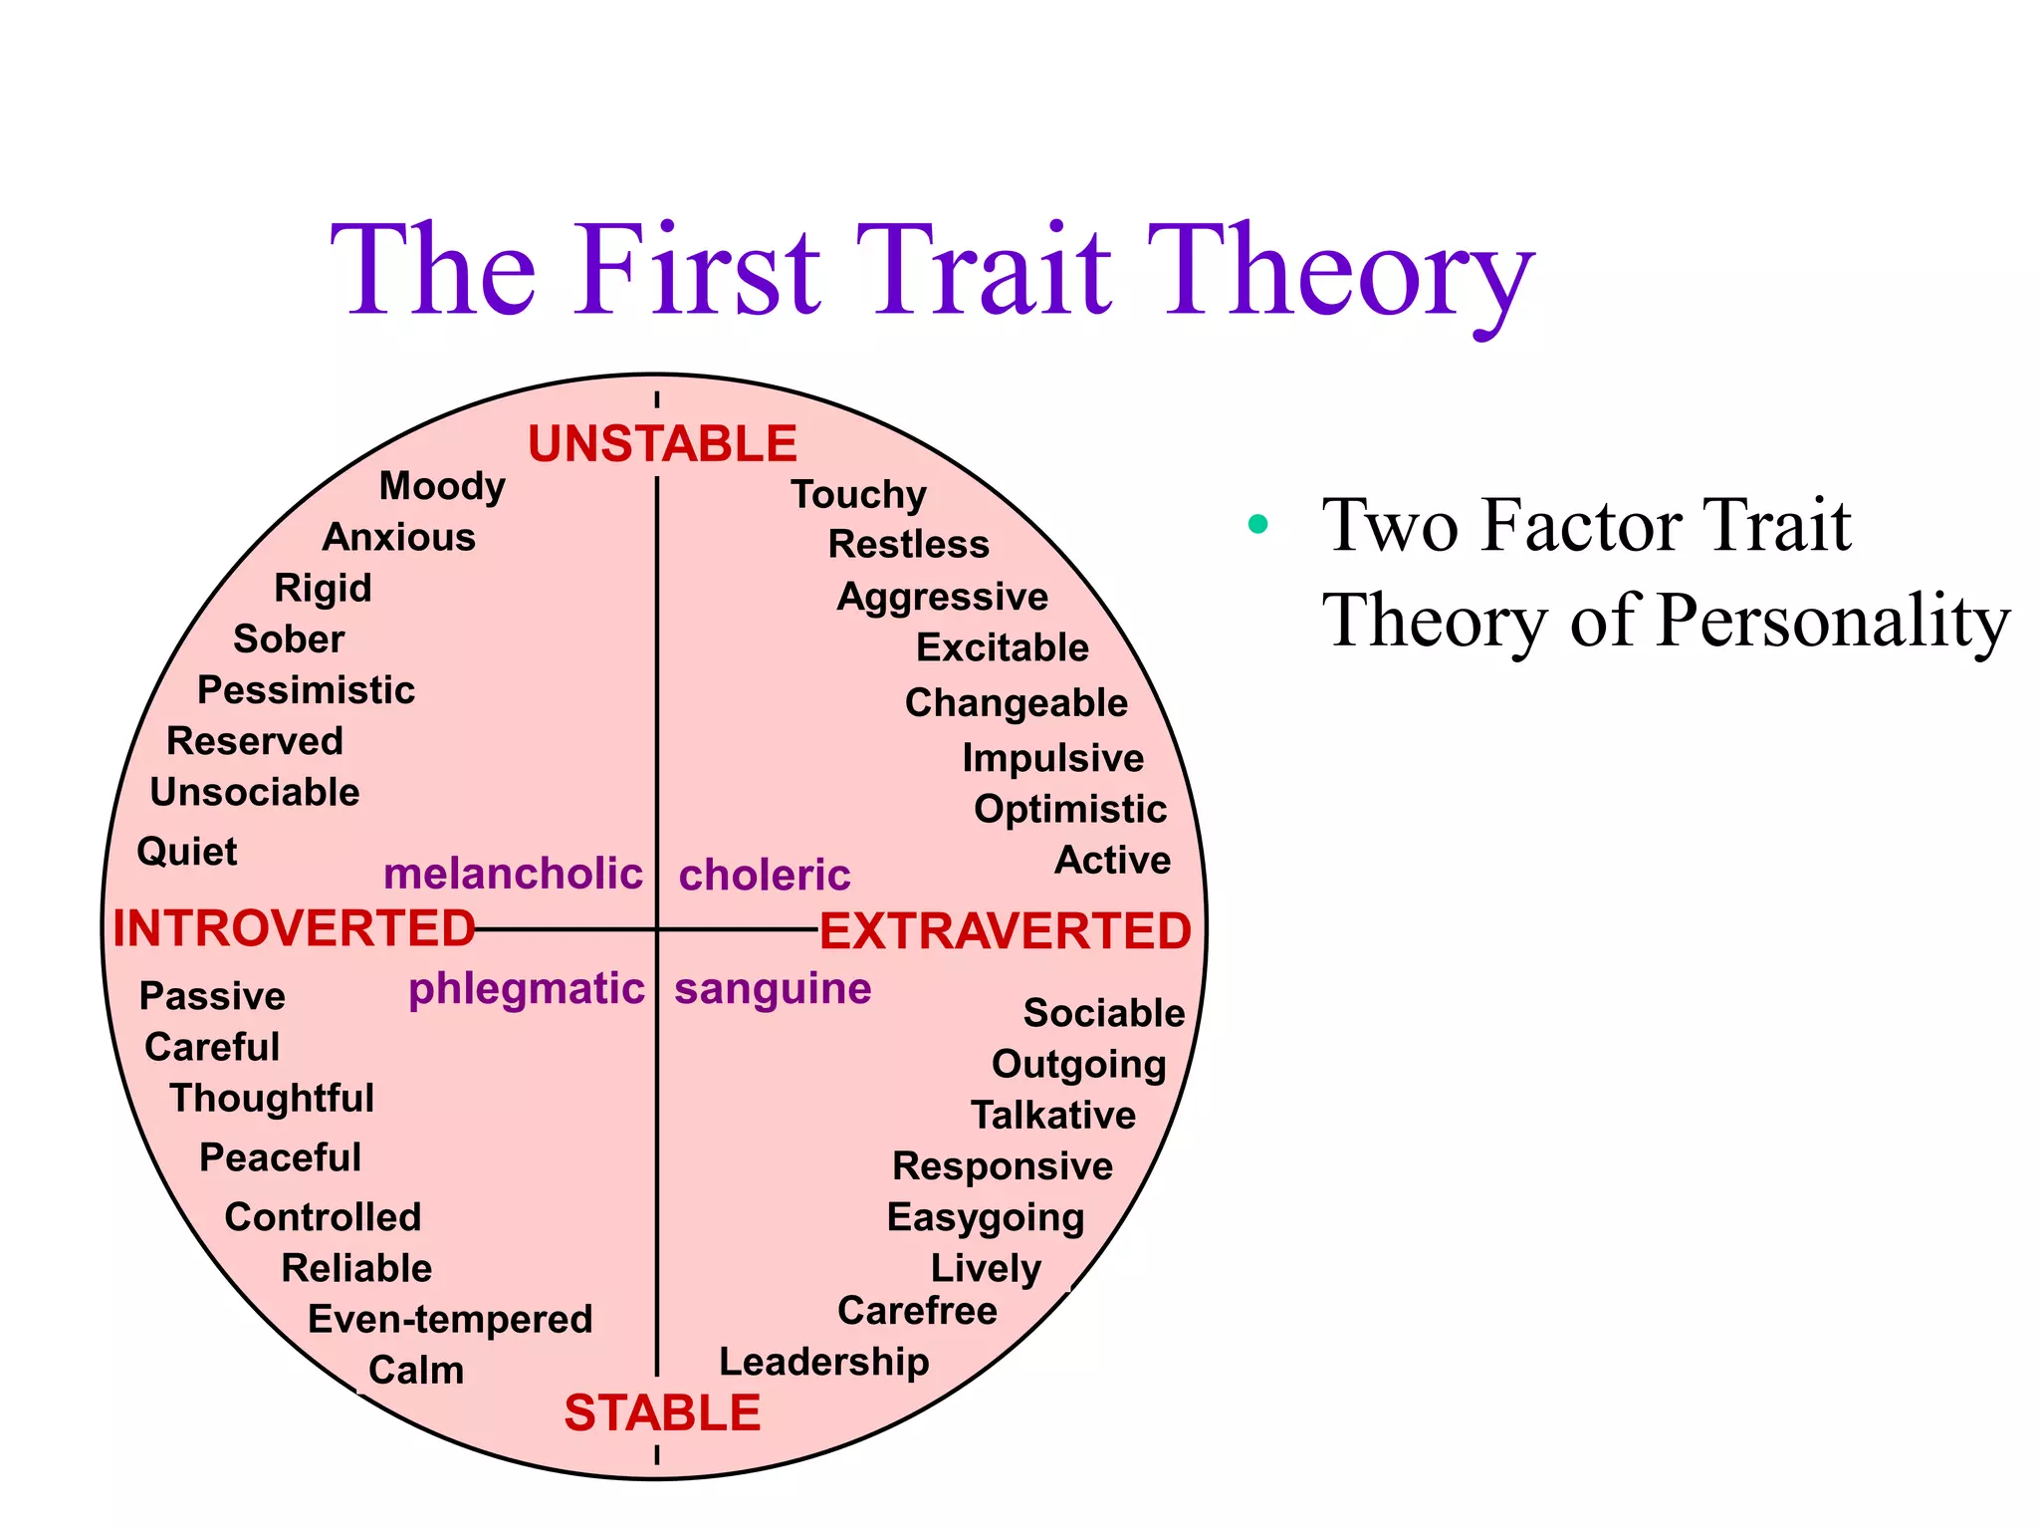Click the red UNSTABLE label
point(662,444)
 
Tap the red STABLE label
point(662,1413)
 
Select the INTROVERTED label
point(294,928)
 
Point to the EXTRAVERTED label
point(1005,931)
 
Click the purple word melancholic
point(513,874)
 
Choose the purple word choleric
point(765,875)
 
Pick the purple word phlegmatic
point(527,989)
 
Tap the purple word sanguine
point(773,989)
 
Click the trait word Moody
point(442,486)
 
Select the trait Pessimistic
point(306,689)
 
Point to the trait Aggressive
point(942,597)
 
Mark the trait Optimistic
point(1070,809)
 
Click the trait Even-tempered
point(450,1319)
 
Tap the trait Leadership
point(824,1362)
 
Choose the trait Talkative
point(1053,1115)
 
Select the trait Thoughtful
point(272,1098)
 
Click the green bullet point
point(1258,524)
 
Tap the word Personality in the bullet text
point(1834,621)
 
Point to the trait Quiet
point(187,852)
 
